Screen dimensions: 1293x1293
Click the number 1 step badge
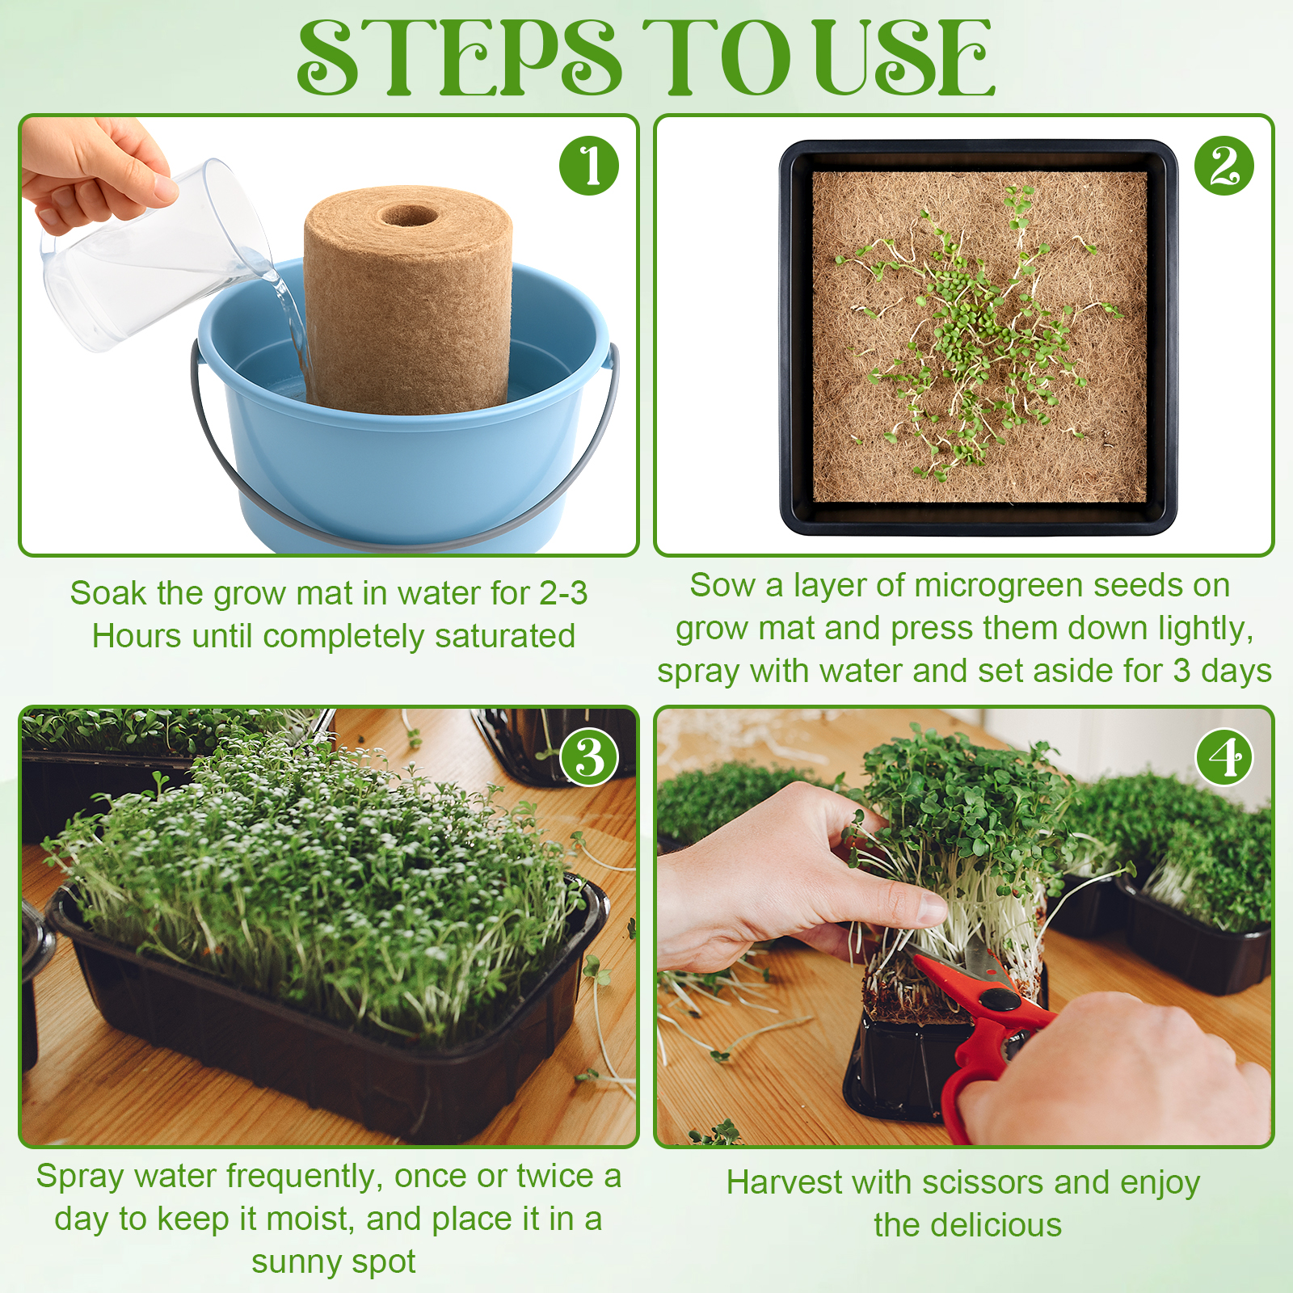[x=589, y=166]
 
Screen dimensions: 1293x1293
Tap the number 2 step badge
[x=1224, y=166]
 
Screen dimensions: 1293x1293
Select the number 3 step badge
[x=589, y=757]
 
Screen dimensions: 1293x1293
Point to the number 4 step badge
[x=1224, y=757]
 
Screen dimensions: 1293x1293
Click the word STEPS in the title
[x=460, y=57]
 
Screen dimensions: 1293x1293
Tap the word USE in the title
[x=903, y=57]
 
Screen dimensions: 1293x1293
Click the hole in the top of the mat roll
[x=410, y=216]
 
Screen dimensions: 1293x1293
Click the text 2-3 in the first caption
[x=563, y=594]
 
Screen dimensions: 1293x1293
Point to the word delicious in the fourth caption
[x=996, y=1226]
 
